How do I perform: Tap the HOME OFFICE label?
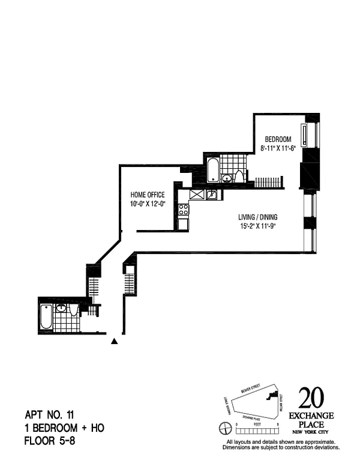coord(148,195)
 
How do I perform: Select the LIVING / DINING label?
coord(256,217)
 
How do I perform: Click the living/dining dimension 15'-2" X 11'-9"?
coord(256,226)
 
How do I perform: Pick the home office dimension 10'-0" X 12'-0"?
coord(148,204)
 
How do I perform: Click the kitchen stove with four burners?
coord(184,210)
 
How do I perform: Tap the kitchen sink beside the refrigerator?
coord(211,194)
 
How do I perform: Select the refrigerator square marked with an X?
coord(197,194)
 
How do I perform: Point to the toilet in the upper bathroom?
coord(239,176)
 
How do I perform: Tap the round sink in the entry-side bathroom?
coord(61,308)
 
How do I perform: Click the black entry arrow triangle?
coord(114,342)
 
